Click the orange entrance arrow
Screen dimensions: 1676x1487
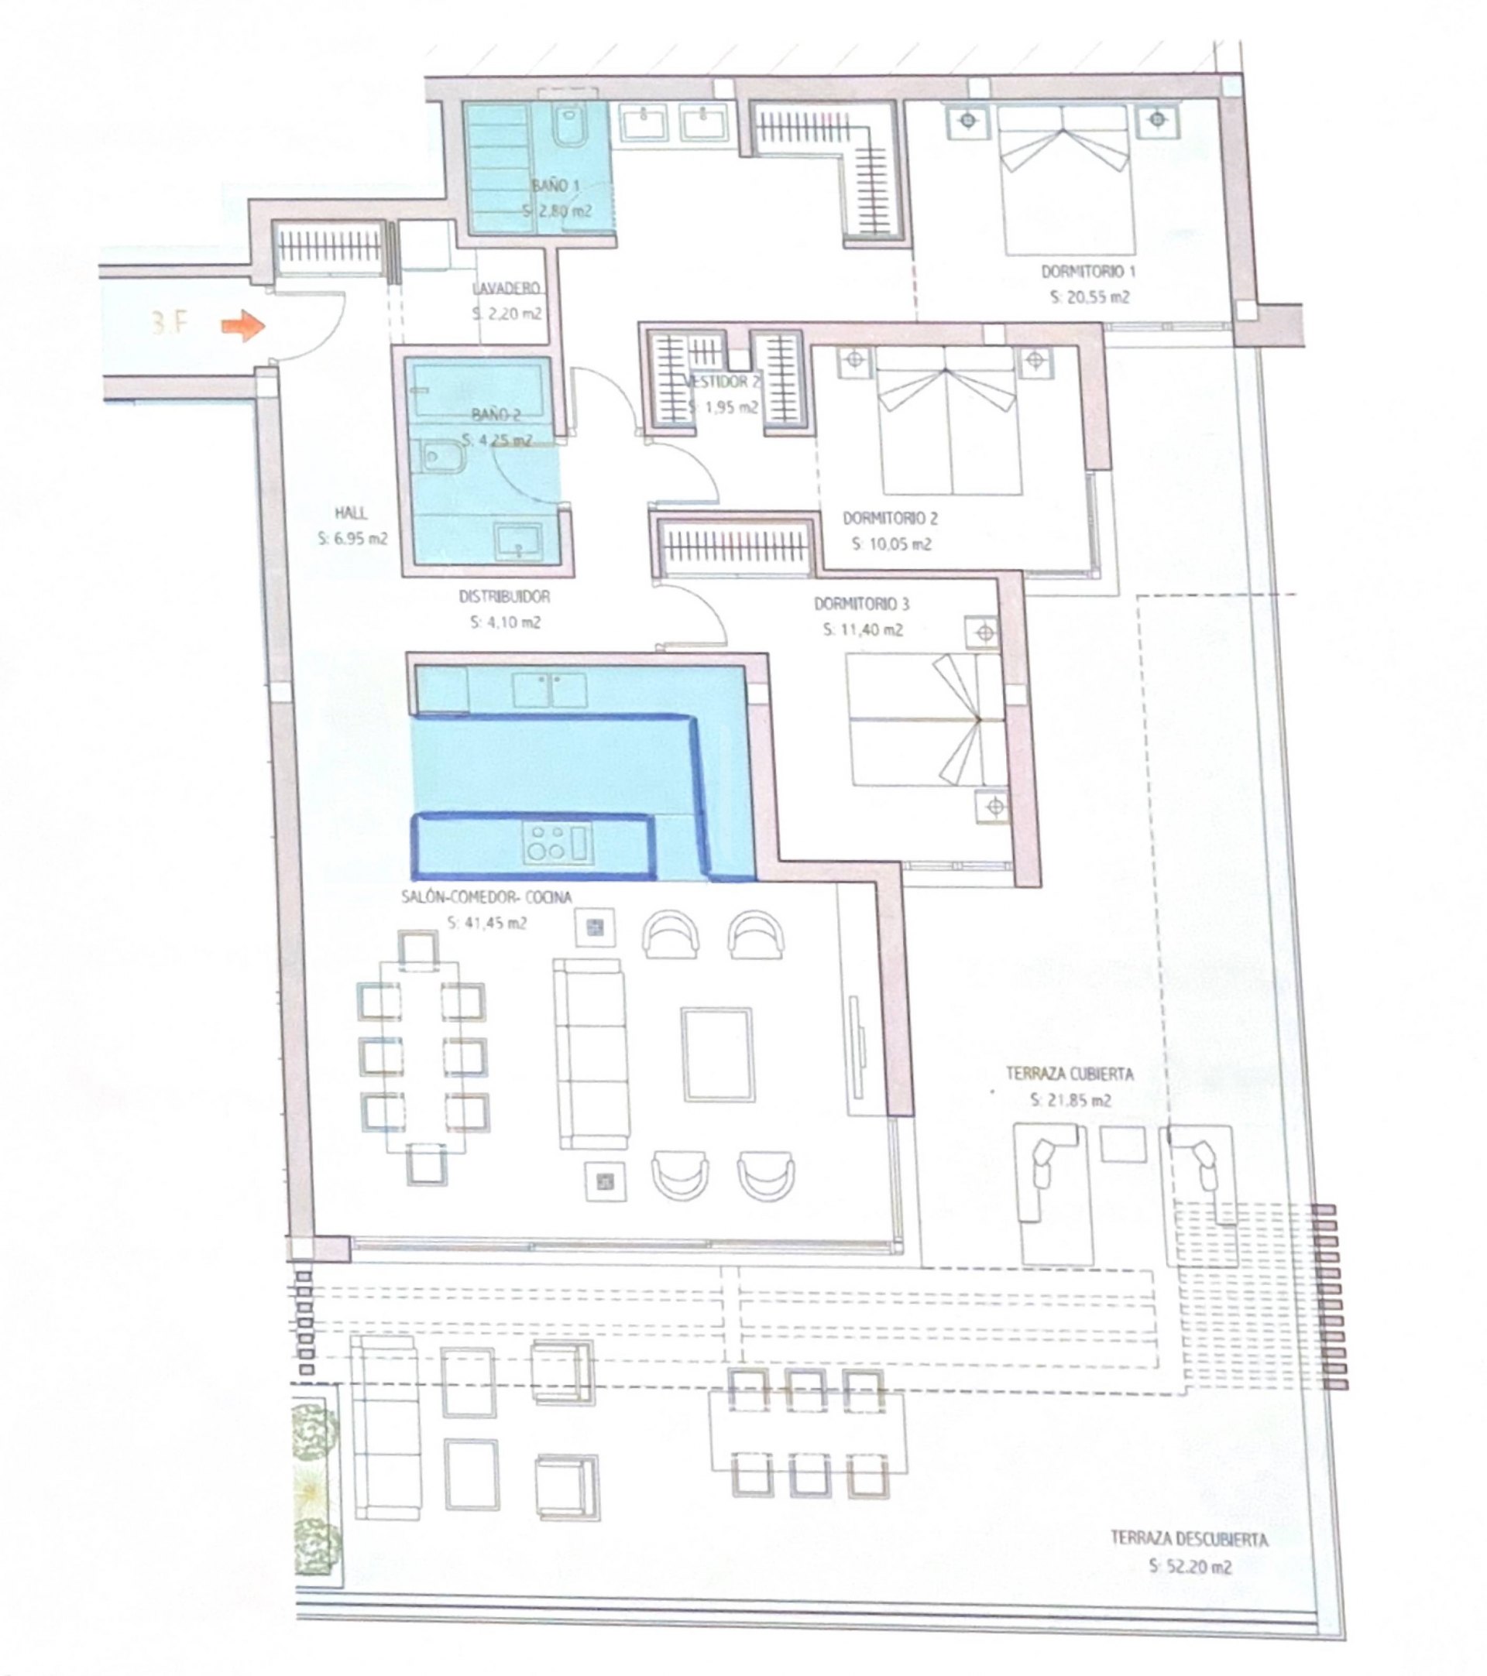[x=242, y=326]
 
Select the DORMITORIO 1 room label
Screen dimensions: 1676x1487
[x=1088, y=272]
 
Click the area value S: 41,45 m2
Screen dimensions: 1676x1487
[x=486, y=923]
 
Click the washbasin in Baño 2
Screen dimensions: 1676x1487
[x=517, y=540]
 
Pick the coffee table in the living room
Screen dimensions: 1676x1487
[x=717, y=1054]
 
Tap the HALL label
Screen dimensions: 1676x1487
[x=351, y=513]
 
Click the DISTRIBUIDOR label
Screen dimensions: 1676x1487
[x=504, y=597]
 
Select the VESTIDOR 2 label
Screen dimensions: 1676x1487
[x=722, y=382]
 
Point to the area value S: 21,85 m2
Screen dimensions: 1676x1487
[x=1070, y=1100]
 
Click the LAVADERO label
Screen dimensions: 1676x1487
[x=506, y=289]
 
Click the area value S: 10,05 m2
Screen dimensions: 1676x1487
[x=891, y=543]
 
